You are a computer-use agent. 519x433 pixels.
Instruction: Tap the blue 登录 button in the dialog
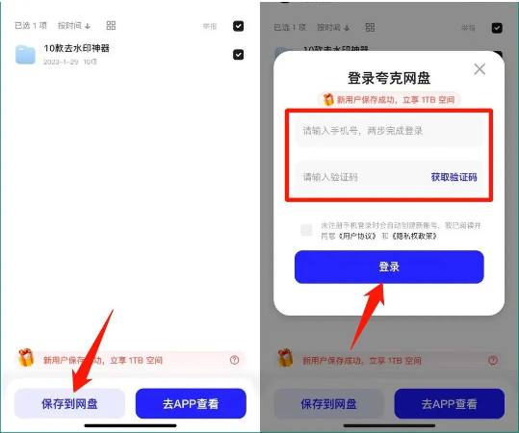(x=389, y=267)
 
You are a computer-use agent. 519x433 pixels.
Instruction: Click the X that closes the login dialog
(x=480, y=69)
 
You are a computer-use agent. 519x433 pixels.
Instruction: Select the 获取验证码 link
(x=454, y=177)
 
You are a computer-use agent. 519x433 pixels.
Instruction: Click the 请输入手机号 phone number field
(x=389, y=131)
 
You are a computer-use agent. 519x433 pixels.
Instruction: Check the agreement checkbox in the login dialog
(x=306, y=230)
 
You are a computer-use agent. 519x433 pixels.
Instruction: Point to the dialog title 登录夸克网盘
(x=389, y=78)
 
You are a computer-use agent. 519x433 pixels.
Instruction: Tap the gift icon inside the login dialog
(x=327, y=99)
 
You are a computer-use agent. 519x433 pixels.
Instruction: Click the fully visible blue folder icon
(x=26, y=55)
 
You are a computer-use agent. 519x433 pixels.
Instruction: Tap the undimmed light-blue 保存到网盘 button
(x=69, y=403)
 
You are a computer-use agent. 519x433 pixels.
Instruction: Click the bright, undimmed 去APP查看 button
(x=191, y=403)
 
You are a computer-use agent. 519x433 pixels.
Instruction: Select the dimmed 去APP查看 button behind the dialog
(x=449, y=403)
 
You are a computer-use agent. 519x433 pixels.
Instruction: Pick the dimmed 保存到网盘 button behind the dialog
(x=328, y=403)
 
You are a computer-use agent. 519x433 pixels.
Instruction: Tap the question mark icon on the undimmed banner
(x=234, y=360)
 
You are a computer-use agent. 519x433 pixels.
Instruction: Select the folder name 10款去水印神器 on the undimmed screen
(x=77, y=48)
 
